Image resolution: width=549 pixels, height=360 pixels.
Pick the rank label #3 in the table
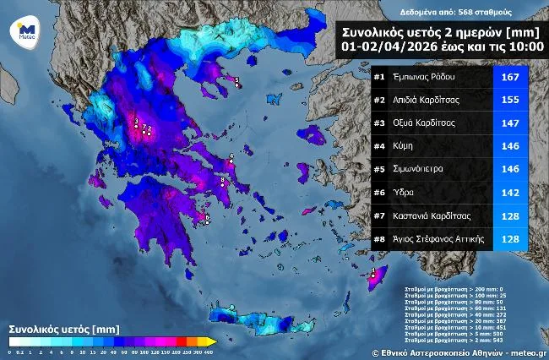click(x=379, y=123)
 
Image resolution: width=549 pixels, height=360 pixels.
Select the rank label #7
click(x=379, y=215)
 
